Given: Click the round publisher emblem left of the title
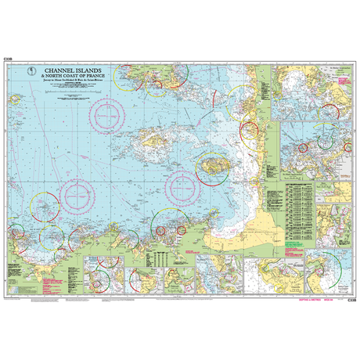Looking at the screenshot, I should [x=33, y=73].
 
